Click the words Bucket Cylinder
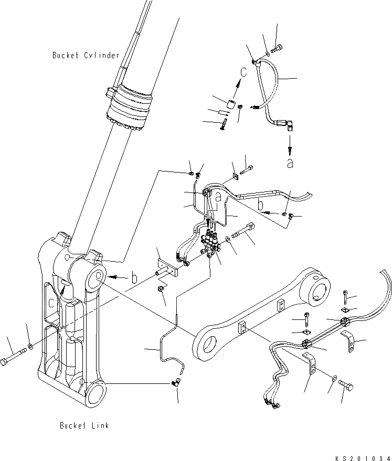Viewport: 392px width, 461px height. pos(86,55)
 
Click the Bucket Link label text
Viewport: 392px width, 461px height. pos(84,425)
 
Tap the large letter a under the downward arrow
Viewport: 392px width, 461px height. pos(290,163)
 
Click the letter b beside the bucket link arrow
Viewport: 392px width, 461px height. pos(134,278)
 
